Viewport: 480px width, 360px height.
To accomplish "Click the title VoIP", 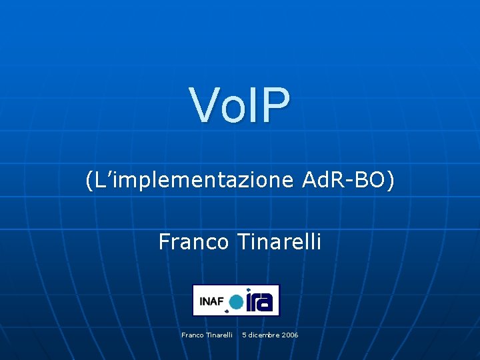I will (x=240, y=105).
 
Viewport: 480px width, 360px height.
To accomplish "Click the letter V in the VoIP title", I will (x=203, y=105).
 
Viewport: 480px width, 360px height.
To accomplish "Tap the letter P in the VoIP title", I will (x=277, y=105).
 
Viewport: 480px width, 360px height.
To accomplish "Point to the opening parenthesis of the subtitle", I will (x=89, y=180).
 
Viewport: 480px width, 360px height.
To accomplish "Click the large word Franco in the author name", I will (x=194, y=241).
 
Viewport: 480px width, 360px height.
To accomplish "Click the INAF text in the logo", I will (x=211, y=301).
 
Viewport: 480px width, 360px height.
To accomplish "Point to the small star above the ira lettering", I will (x=249, y=291).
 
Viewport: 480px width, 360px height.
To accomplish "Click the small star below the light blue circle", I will (x=228, y=311).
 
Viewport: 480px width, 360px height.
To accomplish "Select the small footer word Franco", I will (x=193, y=335).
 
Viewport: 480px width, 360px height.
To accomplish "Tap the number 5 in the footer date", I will (x=244, y=335).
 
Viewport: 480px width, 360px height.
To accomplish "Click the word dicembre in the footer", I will (x=264, y=335).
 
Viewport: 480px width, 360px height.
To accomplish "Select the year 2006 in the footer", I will (x=290, y=335).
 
